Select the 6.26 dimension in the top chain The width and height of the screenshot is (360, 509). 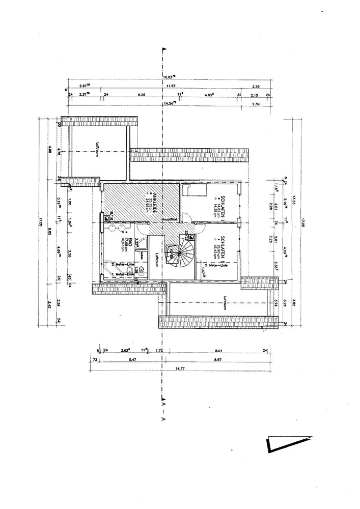tap(142, 95)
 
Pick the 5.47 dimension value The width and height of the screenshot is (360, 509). tap(133, 359)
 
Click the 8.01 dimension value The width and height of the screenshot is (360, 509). tap(219, 350)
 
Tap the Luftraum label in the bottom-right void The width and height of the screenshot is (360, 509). tap(224, 304)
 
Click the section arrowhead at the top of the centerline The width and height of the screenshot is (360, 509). tap(163, 50)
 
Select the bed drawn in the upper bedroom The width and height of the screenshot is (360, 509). tap(195, 190)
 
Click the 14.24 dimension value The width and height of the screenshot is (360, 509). tap(169, 103)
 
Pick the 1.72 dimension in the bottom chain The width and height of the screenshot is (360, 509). tap(158, 350)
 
